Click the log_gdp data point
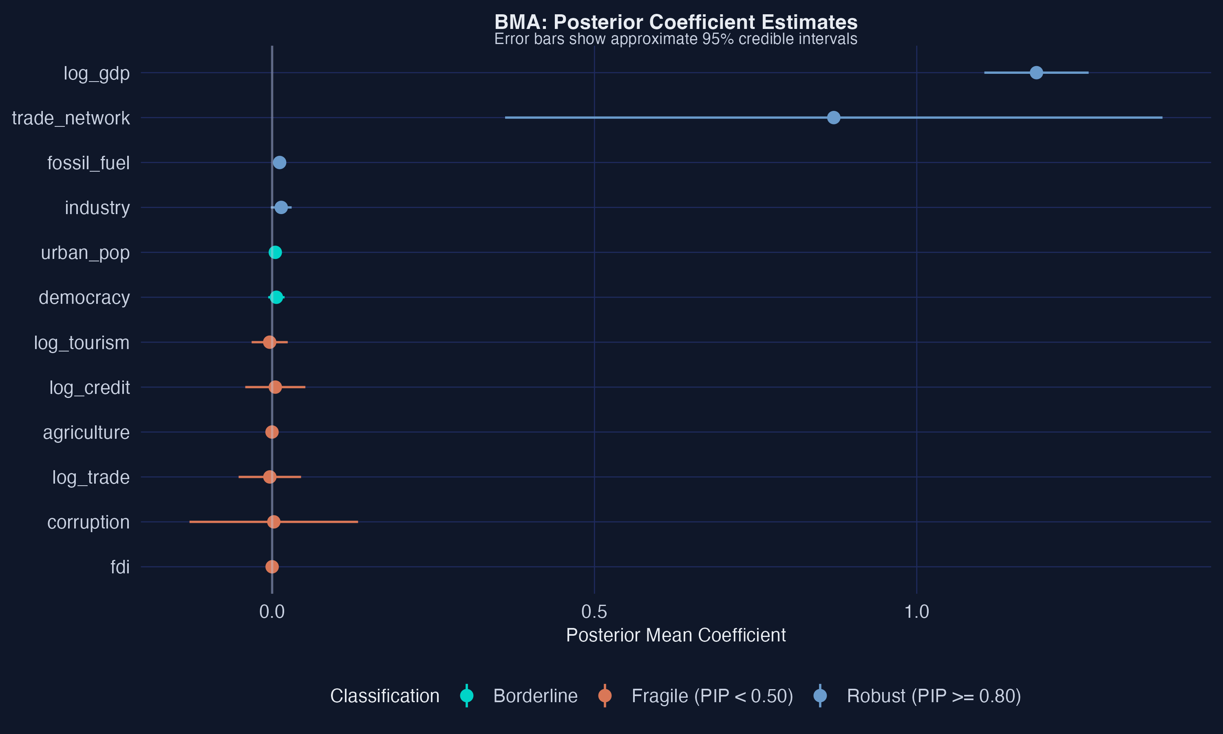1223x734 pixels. click(x=1036, y=73)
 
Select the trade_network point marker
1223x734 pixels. click(x=833, y=118)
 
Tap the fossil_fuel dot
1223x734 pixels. click(x=279, y=162)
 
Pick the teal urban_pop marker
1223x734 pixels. click(x=275, y=252)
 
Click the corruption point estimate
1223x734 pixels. click(x=274, y=522)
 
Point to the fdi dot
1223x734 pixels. click(x=272, y=566)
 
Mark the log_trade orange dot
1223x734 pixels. click(x=269, y=477)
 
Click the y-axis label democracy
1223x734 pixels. click(x=84, y=298)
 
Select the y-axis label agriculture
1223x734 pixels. click(x=86, y=433)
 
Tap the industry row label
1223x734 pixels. click(x=97, y=208)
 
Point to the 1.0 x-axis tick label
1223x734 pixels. click(x=916, y=612)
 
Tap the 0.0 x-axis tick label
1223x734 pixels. click(x=272, y=612)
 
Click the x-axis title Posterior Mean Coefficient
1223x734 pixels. click(x=676, y=635)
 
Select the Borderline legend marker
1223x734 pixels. click(x=467, y=696)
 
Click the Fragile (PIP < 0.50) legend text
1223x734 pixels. click(x=712, y=696)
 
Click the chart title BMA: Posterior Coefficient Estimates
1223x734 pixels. click(x=676, y=22)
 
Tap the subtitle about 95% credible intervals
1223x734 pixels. click(x=676, y=39)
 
